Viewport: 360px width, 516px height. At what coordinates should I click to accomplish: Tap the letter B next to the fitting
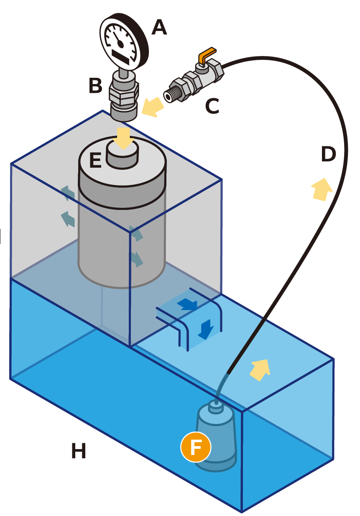96,86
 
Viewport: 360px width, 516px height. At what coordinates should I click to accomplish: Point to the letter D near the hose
328,155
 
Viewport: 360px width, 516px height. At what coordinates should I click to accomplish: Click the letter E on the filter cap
95,161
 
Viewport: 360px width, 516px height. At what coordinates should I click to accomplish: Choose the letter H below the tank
79,451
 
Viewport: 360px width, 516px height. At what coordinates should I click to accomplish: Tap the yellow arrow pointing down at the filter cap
124,138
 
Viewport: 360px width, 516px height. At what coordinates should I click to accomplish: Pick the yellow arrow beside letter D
321,189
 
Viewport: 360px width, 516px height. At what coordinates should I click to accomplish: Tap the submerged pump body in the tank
216,435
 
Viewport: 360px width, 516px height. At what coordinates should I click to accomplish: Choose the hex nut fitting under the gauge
123,95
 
